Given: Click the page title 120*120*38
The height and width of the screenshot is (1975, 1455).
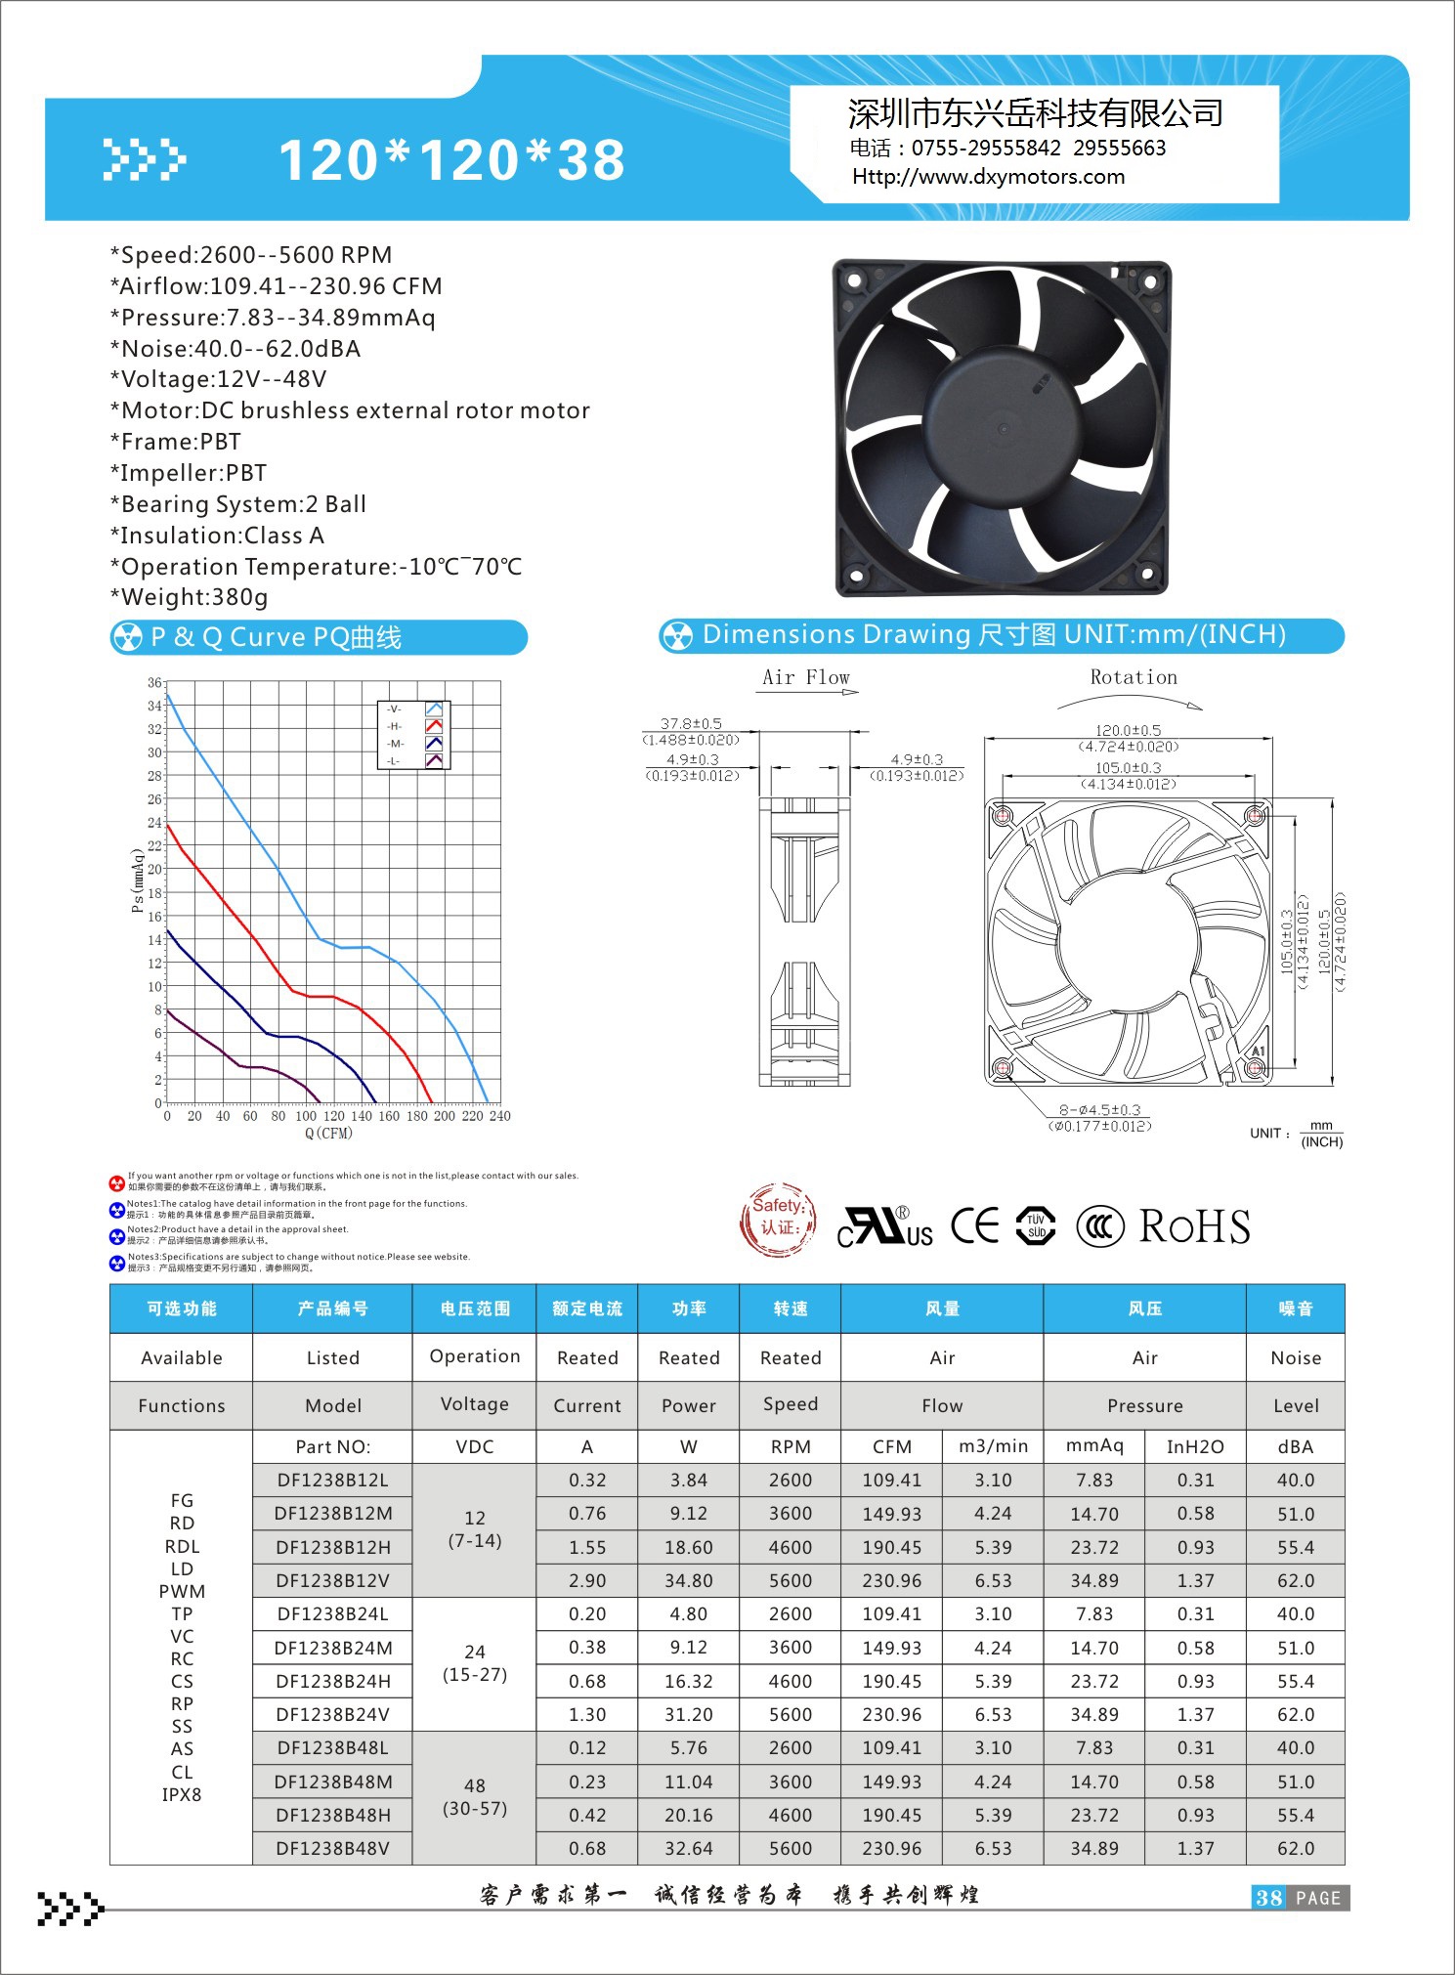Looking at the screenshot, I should pyautogui.click(x=451, y=160).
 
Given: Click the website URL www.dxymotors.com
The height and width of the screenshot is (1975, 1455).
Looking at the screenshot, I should pyautogui.click(x=988, y=177).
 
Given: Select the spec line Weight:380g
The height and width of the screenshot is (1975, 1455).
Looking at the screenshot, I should pyautogui.click(x=190, y=597).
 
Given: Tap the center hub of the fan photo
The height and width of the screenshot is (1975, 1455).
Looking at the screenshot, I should pyautogui.click(x=1002, y=428).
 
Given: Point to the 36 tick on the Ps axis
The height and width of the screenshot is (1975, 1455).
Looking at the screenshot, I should pyautogui.click(x=154, y=682).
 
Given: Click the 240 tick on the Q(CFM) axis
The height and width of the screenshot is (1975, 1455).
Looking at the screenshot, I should pyautogui.click(x=499, y=1116).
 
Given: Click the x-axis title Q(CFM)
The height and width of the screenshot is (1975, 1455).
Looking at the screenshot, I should pyautogui.click(x=328, y=1134).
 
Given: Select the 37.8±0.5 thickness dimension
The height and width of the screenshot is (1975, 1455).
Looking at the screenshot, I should pyautogui.click(x=691, y=724).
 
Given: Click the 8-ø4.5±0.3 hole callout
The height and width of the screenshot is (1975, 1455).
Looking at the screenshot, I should pyautogui.click(x=1099, y=1110).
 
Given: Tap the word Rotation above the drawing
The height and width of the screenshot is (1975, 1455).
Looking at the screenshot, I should pyautogui.click(x=1134, y=677).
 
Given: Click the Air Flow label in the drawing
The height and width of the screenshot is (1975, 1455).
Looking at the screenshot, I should pyautogui.click(x=806, y=677).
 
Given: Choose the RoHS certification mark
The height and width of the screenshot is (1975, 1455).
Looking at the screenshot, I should pyautogui.click(x=1194, y=1227).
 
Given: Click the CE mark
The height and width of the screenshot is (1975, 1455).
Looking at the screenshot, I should pyautogui.click(x=975, y=1225).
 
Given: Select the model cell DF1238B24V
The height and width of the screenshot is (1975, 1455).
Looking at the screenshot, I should pyautogui.click(x=332, y=1714).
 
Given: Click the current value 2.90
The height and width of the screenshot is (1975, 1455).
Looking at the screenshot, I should pyautogui.click(x=587, y=1580).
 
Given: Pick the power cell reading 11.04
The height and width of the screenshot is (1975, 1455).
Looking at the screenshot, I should pyautogui.click(x=689, y=1782).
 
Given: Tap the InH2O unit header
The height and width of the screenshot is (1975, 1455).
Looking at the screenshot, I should pyautogui.click(x=1195, y=1446).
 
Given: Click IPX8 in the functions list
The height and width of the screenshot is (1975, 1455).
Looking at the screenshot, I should pyautogui.click(x=182, y=1794).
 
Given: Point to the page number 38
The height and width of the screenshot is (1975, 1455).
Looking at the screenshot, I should pyautogui.click(x=1268, y=1898).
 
